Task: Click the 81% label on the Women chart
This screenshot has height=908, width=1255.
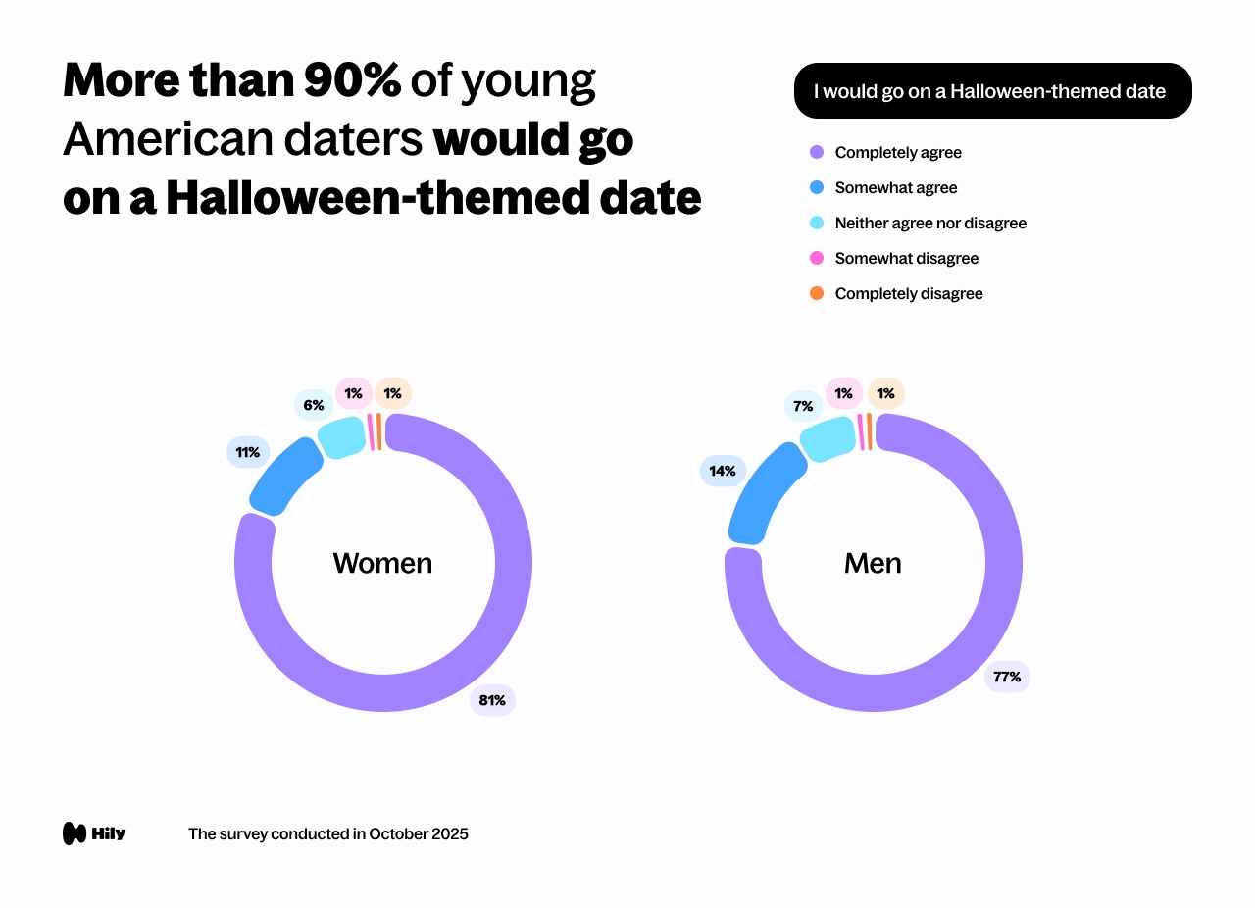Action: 492,700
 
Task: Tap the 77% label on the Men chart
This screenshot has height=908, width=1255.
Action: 1007,677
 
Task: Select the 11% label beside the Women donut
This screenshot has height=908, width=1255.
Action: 248,452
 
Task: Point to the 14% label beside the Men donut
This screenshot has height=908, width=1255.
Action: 723,471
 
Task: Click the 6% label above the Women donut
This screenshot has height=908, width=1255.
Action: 313,405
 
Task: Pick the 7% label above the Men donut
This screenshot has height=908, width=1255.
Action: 803,405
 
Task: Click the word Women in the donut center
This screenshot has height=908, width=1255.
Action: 382,563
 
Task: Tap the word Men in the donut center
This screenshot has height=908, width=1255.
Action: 873,563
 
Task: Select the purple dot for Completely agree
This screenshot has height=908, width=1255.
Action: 817,152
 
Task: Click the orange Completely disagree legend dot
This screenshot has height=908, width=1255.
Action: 817,293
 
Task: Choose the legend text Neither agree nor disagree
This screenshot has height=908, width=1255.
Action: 930,223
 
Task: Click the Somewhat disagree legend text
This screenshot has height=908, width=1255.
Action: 906,258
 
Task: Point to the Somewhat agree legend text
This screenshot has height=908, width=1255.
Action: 895,187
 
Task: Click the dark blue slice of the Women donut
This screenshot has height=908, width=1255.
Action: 284,477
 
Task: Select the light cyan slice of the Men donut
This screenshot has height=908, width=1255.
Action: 828,437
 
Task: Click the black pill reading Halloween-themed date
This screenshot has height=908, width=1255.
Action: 992,91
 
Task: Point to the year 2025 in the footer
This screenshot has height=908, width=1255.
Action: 449,833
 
